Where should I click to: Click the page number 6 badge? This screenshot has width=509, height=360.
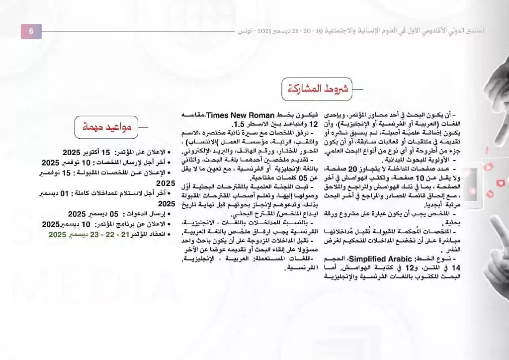pos(31,31)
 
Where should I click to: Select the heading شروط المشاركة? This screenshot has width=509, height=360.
pos(316,90)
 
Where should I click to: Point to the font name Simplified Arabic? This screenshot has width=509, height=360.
pos(380,260)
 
